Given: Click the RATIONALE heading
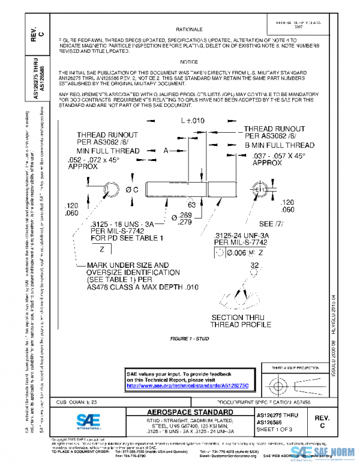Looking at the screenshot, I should [x=188, y=29].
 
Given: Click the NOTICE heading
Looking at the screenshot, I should [x=188, y=62].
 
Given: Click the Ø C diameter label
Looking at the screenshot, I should [x=132, y=190].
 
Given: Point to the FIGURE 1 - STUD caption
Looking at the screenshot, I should [x=190, y=339].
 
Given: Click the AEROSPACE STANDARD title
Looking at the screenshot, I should [x=191, y=413].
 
